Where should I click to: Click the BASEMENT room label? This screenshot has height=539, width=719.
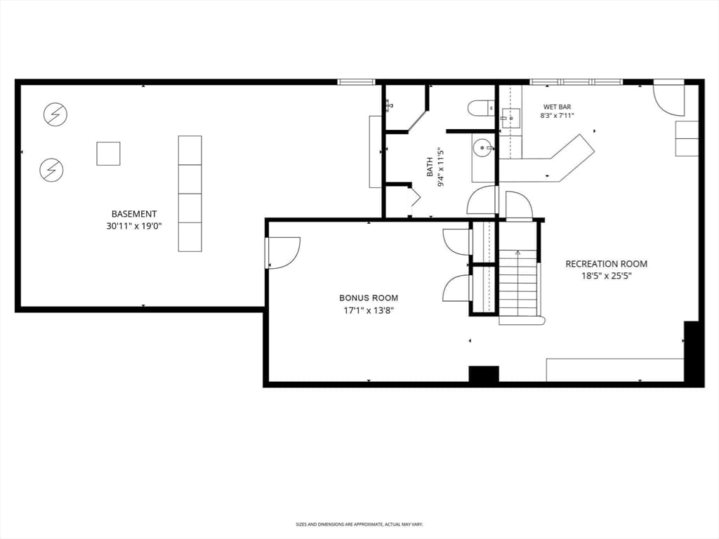pos(134,214)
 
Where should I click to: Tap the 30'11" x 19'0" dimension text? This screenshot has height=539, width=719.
pos(134,226)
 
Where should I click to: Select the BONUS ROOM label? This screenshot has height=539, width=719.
pos(369,298)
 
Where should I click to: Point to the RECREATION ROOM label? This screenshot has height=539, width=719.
pos(606,264)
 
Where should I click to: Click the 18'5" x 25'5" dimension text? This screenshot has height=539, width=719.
pos(606,276)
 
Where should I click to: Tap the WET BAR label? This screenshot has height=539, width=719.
pos(557,107)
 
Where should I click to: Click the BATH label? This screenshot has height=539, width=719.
pos(430,167)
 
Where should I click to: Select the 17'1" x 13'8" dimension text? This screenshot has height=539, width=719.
pos(369,310)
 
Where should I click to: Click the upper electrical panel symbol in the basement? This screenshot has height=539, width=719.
pos(55,114)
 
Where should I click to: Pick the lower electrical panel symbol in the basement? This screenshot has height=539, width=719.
pos(51,170)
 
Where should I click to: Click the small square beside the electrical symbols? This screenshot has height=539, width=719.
pos(108,154)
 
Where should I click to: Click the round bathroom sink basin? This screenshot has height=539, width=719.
pos(482,148)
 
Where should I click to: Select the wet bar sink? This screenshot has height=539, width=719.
pos(510,118)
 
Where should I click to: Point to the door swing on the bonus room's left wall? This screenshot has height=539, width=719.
pos(284,253)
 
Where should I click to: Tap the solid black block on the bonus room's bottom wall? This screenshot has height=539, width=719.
pos(484,374)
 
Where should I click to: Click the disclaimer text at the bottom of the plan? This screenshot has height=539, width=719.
pos(359,524)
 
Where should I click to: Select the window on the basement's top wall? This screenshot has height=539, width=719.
pos(356,82)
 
